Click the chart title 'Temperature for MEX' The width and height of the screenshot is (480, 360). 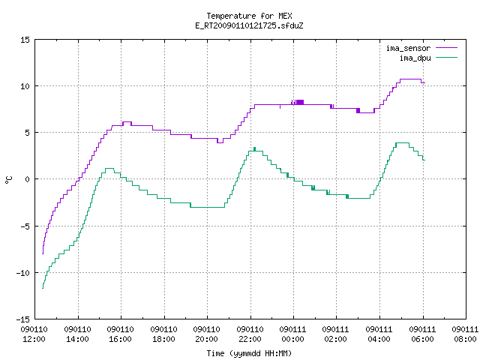point(249,16)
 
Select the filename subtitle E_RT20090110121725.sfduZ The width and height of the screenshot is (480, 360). point(249,25)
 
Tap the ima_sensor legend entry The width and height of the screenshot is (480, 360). point(421,48)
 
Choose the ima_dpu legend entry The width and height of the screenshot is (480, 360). point(428,58)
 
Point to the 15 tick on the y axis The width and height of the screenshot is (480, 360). point(25,40)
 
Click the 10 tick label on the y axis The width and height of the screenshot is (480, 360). point(25,86)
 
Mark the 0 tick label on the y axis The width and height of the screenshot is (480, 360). point(28,179)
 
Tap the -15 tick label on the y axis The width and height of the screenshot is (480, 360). point(23,319)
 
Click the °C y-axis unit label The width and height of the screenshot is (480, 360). point(8,180)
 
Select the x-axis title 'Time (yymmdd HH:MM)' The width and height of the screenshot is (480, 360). point(249,353)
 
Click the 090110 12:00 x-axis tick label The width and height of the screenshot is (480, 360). point(34,334)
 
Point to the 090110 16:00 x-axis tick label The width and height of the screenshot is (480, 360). point(120,334)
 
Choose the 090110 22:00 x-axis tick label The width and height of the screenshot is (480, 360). point(250,334)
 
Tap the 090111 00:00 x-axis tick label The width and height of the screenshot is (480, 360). point(293,334)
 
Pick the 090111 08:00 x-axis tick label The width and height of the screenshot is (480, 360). point(465,334)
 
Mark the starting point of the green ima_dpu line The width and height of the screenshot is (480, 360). point(43,288)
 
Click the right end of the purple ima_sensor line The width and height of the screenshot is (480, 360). point(425,82)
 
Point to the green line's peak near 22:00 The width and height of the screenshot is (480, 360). point(255,148)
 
